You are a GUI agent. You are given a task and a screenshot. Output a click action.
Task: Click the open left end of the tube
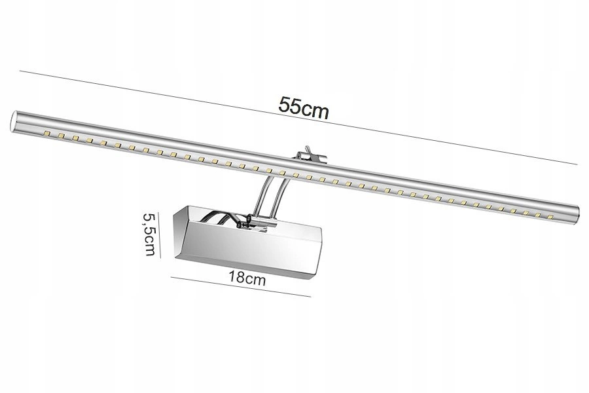(x=12, y=122)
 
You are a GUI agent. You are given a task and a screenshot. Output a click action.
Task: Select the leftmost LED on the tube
(x=46, y=134)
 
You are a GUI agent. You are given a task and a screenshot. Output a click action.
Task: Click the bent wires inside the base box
(x=226, y=219)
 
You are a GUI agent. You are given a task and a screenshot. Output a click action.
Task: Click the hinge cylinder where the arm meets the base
(x=262, y=223)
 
